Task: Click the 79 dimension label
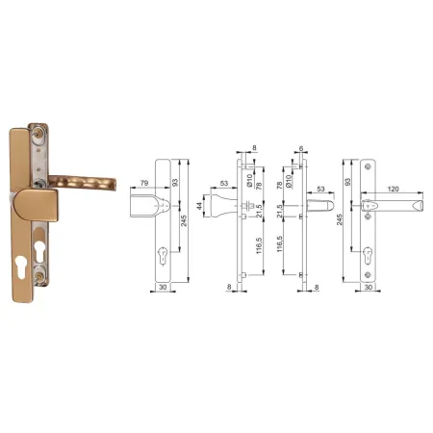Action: point(144,183)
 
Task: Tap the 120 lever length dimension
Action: point(393,189)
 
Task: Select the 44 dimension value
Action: point(200,206)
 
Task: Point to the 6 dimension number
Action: point(301,148)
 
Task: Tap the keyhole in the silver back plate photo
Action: point(39,251)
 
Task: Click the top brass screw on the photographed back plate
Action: point(39,133)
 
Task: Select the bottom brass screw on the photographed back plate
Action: point(40,277)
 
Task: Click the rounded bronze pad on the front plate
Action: point(36,205)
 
